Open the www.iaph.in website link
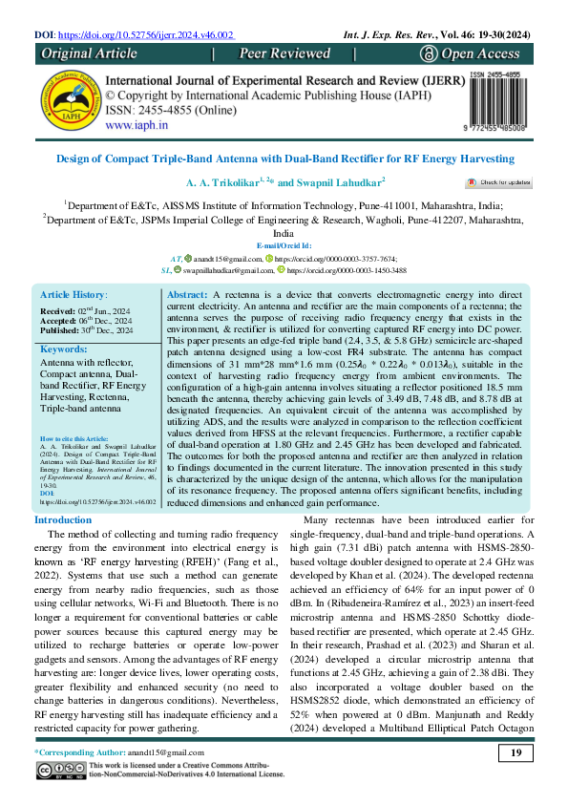[x=137, y=124]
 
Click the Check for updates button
[x=498, y=180]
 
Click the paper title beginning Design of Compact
[x=284, y=158]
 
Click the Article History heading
[x=74, y=297]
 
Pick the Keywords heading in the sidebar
[x=64, y=349]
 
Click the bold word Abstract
[x=186, y=297]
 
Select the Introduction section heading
[x=63, y=519]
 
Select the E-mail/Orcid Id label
[x=284, y=245]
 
